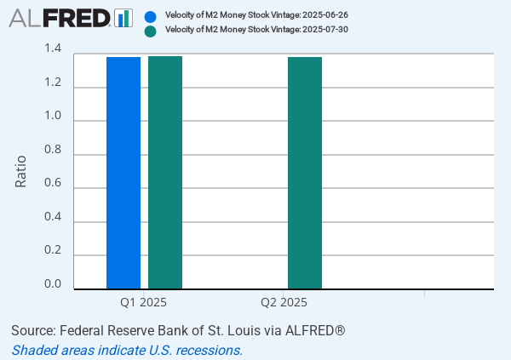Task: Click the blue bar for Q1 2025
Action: [123, 173]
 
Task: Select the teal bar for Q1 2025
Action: [165, 173]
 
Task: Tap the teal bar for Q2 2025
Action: [305, 173]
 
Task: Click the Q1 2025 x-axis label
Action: [143, 302]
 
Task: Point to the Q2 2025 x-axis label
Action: [284, 302]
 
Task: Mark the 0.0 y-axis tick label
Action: [53, 284]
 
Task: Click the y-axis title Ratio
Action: [21, 171]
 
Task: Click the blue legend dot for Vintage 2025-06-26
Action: [151, 15]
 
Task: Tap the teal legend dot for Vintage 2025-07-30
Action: [151, 31]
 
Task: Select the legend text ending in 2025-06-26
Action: [256, 15]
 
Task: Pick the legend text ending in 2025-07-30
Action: [256, 30]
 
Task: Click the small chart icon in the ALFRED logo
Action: [123, 17]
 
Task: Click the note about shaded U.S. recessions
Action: [127, 350]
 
